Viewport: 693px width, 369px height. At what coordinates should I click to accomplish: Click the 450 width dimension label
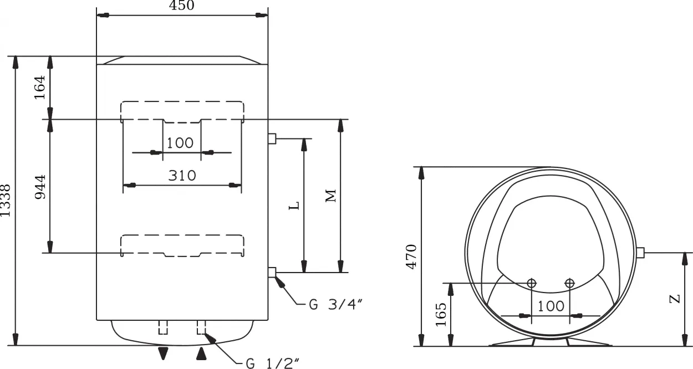point(182,5)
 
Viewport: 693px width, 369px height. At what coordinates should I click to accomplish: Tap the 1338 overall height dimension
point(5,201)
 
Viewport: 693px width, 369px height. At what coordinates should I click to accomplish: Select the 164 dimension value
point(39,87)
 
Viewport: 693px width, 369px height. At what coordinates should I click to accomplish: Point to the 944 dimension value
point(40,187)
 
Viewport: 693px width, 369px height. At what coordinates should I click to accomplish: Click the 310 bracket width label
point(182,176)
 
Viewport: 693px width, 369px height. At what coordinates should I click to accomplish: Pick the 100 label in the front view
point(180,143)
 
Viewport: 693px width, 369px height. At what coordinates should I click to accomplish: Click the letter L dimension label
point(294,206)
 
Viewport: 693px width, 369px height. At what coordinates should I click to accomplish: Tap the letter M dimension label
point(331,196)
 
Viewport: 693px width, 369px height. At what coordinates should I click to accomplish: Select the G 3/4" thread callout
point(335,305)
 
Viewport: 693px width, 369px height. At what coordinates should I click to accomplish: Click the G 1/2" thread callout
point(273,363)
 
